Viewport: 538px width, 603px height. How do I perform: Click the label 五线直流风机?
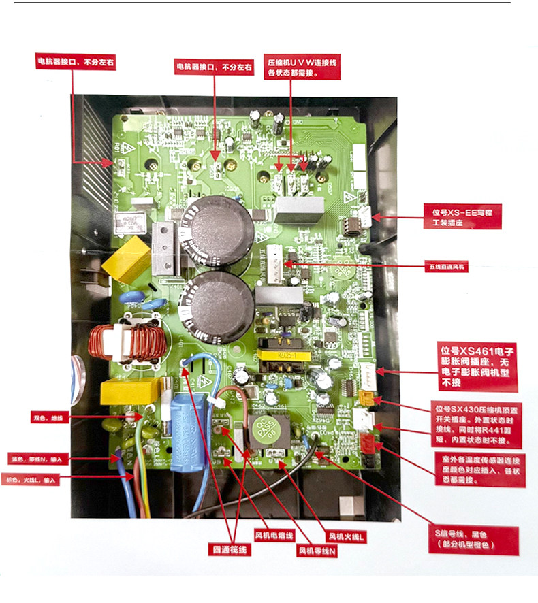(x=449, y=267)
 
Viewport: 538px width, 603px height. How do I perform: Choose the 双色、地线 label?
(x=47, y=417)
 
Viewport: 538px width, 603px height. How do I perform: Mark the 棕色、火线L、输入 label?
(x=33, y=480)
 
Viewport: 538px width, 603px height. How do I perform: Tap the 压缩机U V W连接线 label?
(x=302, y=67)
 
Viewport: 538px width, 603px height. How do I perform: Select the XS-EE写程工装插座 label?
(x=462, y=218)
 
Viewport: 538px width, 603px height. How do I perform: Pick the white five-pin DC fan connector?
(x=274, y=262)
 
